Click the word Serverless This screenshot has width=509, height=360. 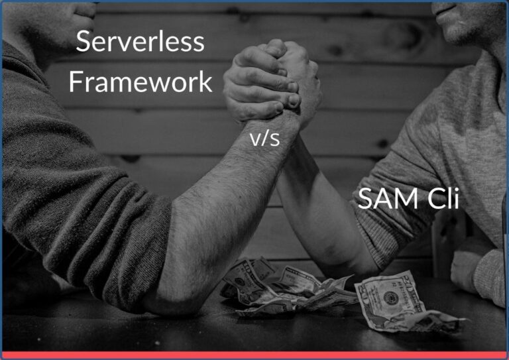click(x=140, y=42)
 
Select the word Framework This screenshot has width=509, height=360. click(x=141, y=82)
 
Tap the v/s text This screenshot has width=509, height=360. click(x=264, y=139)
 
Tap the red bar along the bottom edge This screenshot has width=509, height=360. click(x=254, y=355)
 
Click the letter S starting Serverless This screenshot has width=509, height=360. click(x=83, y=42)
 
